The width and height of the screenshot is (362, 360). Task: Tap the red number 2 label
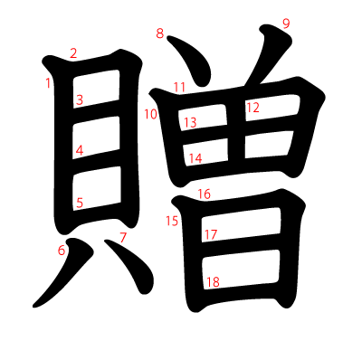(x=73, y=53)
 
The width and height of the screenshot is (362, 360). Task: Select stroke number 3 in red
(x=80, y=100)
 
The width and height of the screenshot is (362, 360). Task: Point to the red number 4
(x=80, y=151)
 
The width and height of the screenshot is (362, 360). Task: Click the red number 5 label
(x=80, y=204)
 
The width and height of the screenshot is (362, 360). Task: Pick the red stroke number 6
(x=62, y=251)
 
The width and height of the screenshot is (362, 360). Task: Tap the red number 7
(x=123, y=238)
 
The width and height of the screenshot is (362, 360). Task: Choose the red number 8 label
(x=160, y=34)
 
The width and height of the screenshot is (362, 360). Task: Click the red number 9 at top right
(x=286, y=24)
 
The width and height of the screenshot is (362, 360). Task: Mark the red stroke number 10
(x=150, y=114)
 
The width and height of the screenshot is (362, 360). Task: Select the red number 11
(x=179, y=88)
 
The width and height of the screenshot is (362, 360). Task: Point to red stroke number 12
(x=252, y=108)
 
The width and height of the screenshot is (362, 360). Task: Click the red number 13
(x=190, y=123)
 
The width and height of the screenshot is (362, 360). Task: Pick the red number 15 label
(x=173, y=221)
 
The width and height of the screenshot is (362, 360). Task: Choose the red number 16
(x=204, y=194)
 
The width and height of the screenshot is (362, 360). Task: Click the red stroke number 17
(x=211, y=235)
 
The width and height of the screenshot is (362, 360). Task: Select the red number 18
(x=213, y=282)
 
